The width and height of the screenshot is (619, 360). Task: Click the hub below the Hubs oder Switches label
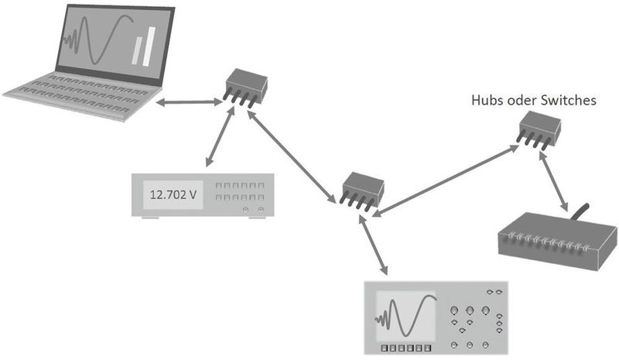pos(539,129)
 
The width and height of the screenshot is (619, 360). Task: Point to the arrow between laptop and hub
pos(190,101)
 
